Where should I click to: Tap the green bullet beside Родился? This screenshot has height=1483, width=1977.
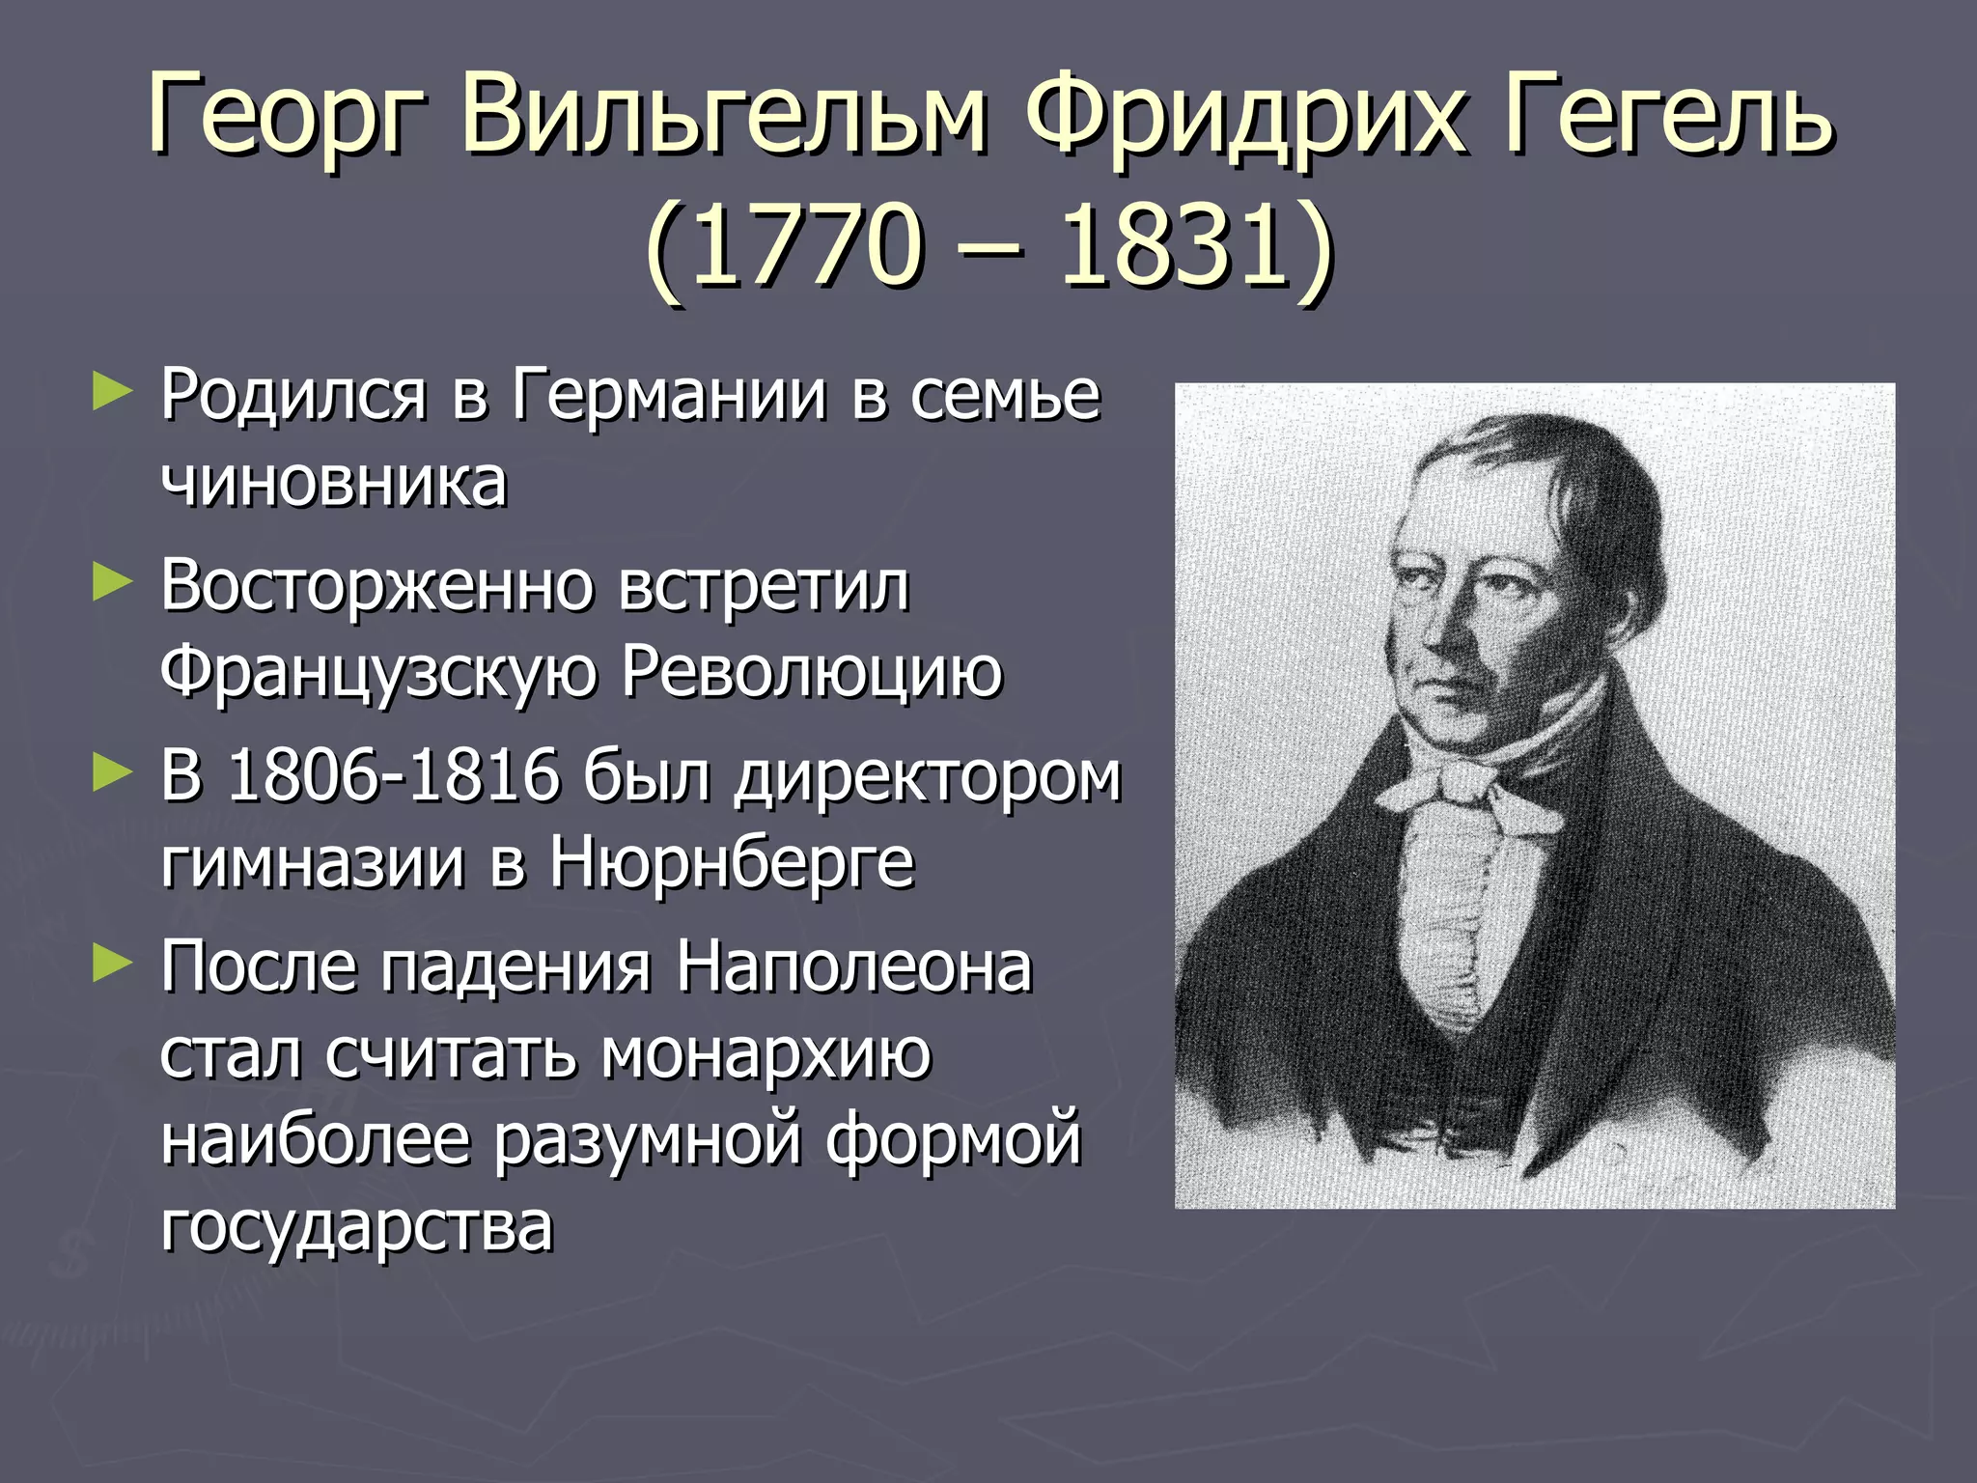point(110,395)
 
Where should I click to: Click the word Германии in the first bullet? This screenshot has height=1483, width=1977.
point(669,396)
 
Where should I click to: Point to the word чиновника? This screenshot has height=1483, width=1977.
point(333,483)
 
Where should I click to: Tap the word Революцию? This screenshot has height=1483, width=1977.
point(811,672)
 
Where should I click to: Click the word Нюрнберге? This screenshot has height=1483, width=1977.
point(731,862)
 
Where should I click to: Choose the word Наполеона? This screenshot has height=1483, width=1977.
point(853,966)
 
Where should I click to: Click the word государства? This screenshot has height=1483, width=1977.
point(357,1226)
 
